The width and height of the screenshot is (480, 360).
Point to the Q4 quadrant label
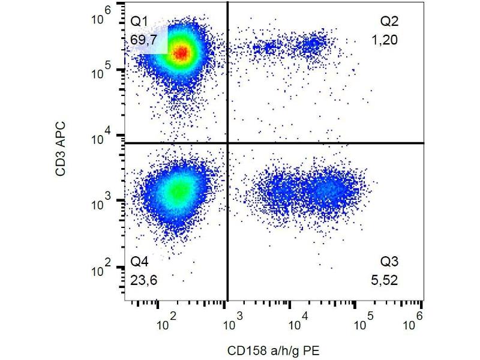pyautogui.click(x=139, y=262)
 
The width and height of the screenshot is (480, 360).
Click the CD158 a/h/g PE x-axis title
pyautogui.click(x=274, y=350)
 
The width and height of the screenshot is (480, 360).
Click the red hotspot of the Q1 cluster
pyautogui.click(x=181, y=53)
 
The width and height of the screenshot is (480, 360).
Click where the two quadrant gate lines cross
pyautogui.click(x=227, y=143)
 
